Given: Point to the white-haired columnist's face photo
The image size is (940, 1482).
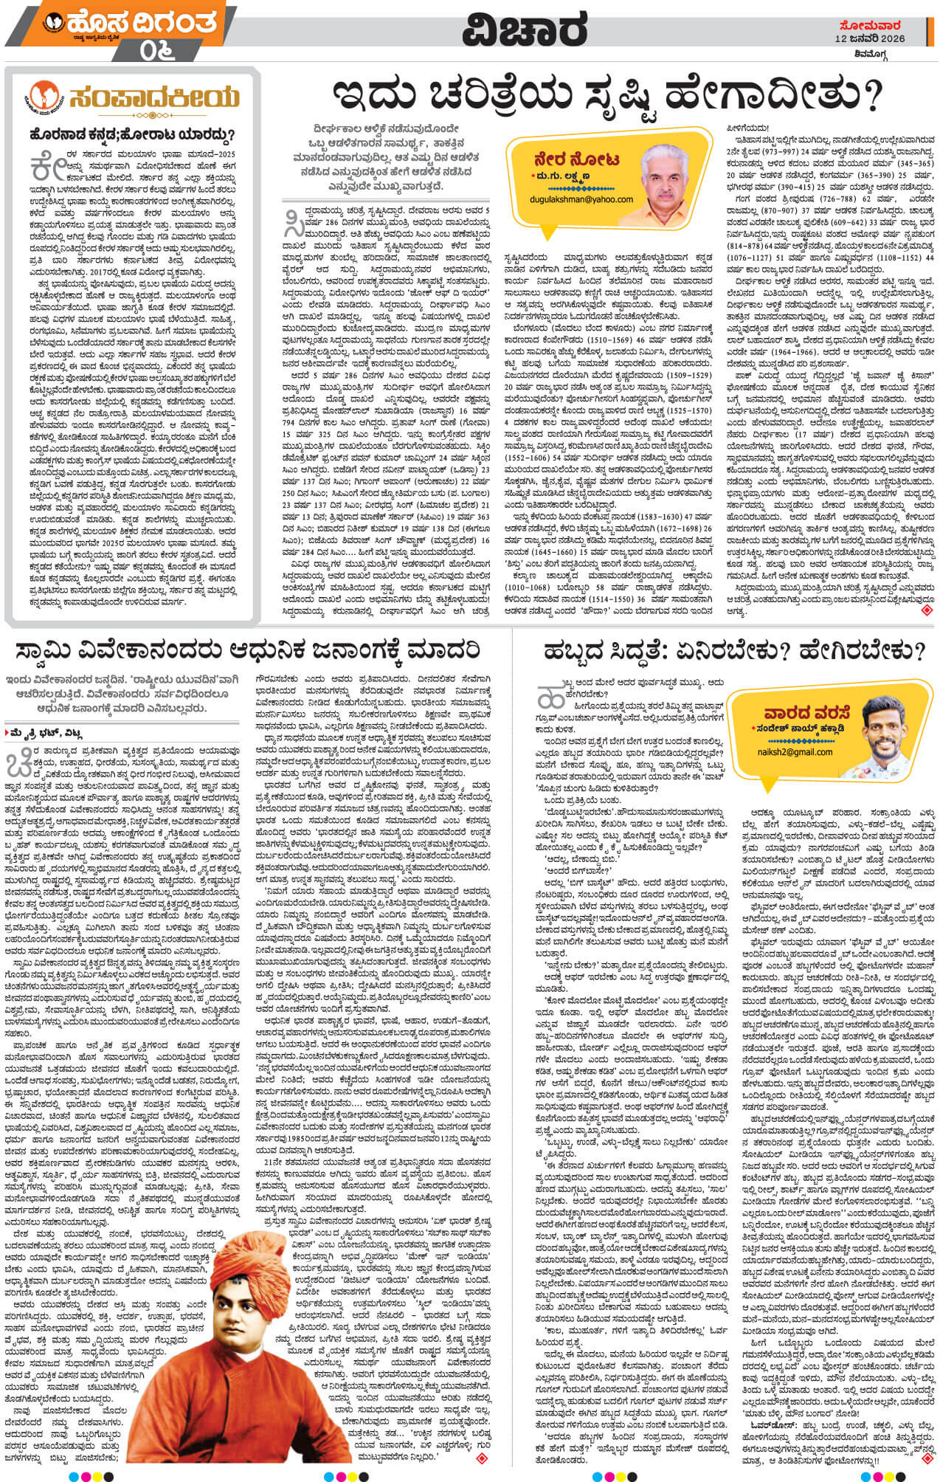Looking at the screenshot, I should [x=672, y=171].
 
